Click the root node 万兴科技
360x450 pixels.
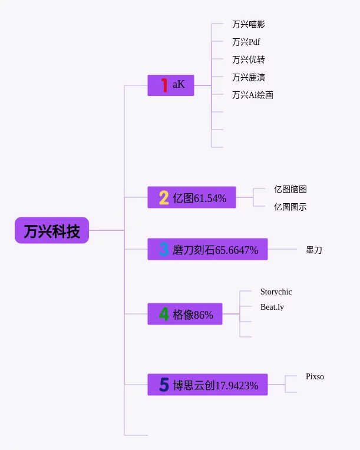pyautogui.click(x=52, y=230)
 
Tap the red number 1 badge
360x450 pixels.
pyautogui.click(x=164, y=85)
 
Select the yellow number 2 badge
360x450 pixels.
pyautogui.click(x=164, y=198)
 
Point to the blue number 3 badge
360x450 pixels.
pyautogui.click(x=164, y=249)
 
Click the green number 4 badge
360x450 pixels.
pyautogui.click(x=164, y=314)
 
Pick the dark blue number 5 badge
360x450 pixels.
pyautogui.click(x=164, y=385)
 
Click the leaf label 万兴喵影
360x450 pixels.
pyautogui.click(x=248, y=24)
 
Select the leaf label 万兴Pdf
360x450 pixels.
pyautogui.click(x=246, y=42)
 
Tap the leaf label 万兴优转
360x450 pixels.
pyautogui.click(x=248, y=59)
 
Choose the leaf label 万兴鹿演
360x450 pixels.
pyautogui.click(x=248, y=78)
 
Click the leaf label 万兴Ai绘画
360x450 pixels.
pyautogui.click(x=253, y=95)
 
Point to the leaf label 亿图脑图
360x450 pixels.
pyautogui.click(x=290, y=189)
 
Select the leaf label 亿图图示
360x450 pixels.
pyautogui.click(x=290, y=207)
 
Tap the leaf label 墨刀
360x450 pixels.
pyautogui.click(x=314, y=250)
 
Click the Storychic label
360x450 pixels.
pyautogui.click(x=276, y=292)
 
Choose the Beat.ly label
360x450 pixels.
pyautogui.click(x=272, y=307)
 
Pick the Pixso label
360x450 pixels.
pyautogui.click(x=315, y=376)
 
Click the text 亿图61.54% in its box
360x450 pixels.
pyautogui.click(x=200, y=198)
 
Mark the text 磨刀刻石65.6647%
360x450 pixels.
pyautogui.click(x=215, y=250)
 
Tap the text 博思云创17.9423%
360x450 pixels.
pyautogui.click(x=216, y=385)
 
